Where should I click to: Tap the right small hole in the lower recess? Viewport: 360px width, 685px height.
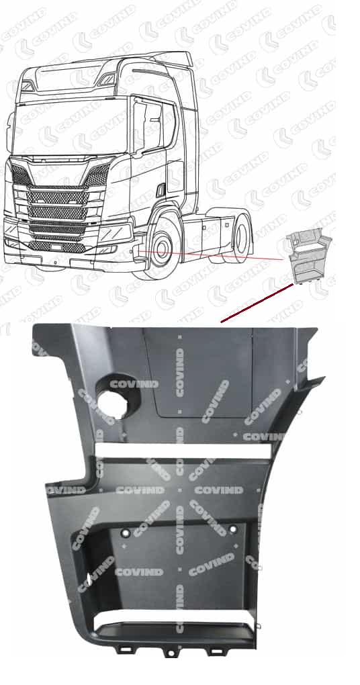232,530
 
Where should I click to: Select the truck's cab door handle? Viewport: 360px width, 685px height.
161,190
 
